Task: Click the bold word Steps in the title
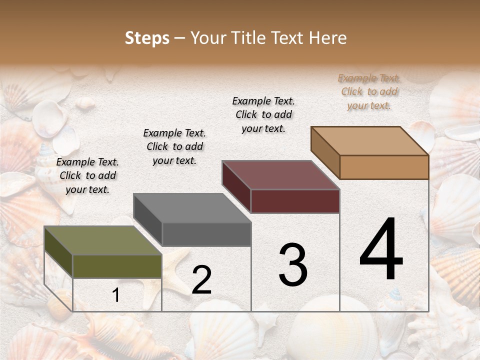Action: coord(147,38)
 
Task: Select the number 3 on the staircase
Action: coord(293,264)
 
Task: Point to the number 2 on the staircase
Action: coord(201,279)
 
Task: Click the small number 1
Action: coord(116,295)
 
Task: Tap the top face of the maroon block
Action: coord(280,175)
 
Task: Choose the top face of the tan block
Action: coord(369,141)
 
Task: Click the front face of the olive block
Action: coord(117,266)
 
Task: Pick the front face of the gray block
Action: coord(206,234)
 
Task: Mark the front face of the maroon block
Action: coord(295,201)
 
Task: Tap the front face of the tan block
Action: coord(384,167)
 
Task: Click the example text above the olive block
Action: coord(87,175)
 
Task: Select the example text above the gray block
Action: coord(174,146)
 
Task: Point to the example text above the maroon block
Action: coord(263,114)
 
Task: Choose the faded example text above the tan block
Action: coord(369,91)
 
